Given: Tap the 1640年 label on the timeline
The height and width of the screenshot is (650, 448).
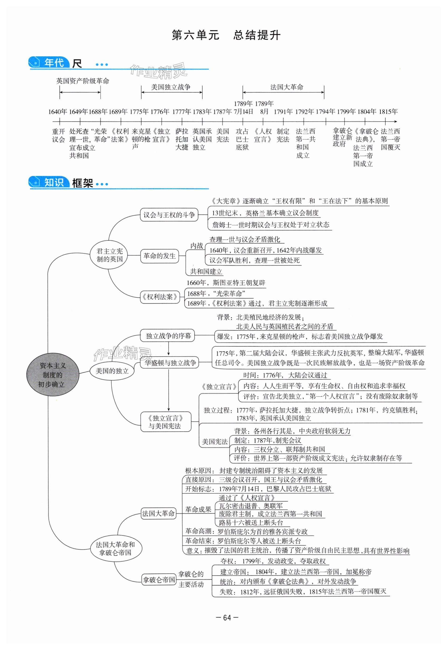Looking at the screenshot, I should [x=58, y=112].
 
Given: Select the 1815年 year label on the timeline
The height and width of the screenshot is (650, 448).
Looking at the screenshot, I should [x=388, y=112].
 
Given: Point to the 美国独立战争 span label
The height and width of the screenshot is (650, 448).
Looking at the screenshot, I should [x=171, y=87].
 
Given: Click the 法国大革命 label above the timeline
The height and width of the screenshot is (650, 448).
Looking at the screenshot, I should [x=287, y=87].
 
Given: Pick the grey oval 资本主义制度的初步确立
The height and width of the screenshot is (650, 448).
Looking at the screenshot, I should [x=52, y=375].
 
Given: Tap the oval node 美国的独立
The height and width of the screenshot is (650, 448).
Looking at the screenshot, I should [x=112, y=371].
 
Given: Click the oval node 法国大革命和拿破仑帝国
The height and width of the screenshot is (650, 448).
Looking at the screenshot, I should [x=115, y=548].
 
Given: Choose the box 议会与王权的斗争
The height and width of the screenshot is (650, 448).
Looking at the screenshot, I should [x=169, y=215].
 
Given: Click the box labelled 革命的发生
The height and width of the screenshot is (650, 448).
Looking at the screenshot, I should [x=159, y=256].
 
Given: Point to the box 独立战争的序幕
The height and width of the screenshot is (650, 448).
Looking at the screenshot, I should [x=168, y=336].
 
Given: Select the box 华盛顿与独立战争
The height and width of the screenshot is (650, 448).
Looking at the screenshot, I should [x=170, y=363].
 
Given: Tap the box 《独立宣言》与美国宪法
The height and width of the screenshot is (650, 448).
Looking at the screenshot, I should [x=166, y=422].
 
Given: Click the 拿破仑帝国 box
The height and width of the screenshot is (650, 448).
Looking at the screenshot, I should [x=159, y=580].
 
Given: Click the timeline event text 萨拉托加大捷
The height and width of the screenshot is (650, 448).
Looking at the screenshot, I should [x=182, y=139].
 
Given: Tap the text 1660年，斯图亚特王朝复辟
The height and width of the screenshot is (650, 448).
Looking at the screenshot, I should [x=226, y=283].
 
